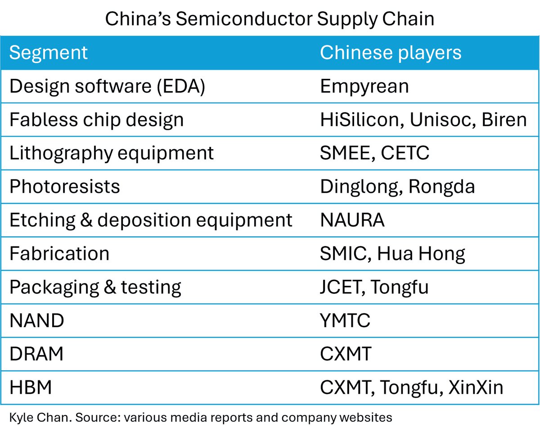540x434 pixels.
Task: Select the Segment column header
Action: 48,53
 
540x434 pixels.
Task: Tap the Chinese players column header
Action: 390,53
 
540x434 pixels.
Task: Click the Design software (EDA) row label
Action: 107,86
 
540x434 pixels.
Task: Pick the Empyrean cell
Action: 364,86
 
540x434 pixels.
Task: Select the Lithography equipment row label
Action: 112,153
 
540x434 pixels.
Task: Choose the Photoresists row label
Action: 64,187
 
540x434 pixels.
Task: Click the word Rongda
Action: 441,187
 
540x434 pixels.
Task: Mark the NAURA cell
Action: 352,220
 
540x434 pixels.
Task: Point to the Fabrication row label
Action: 59,254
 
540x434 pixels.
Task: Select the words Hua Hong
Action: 421,254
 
